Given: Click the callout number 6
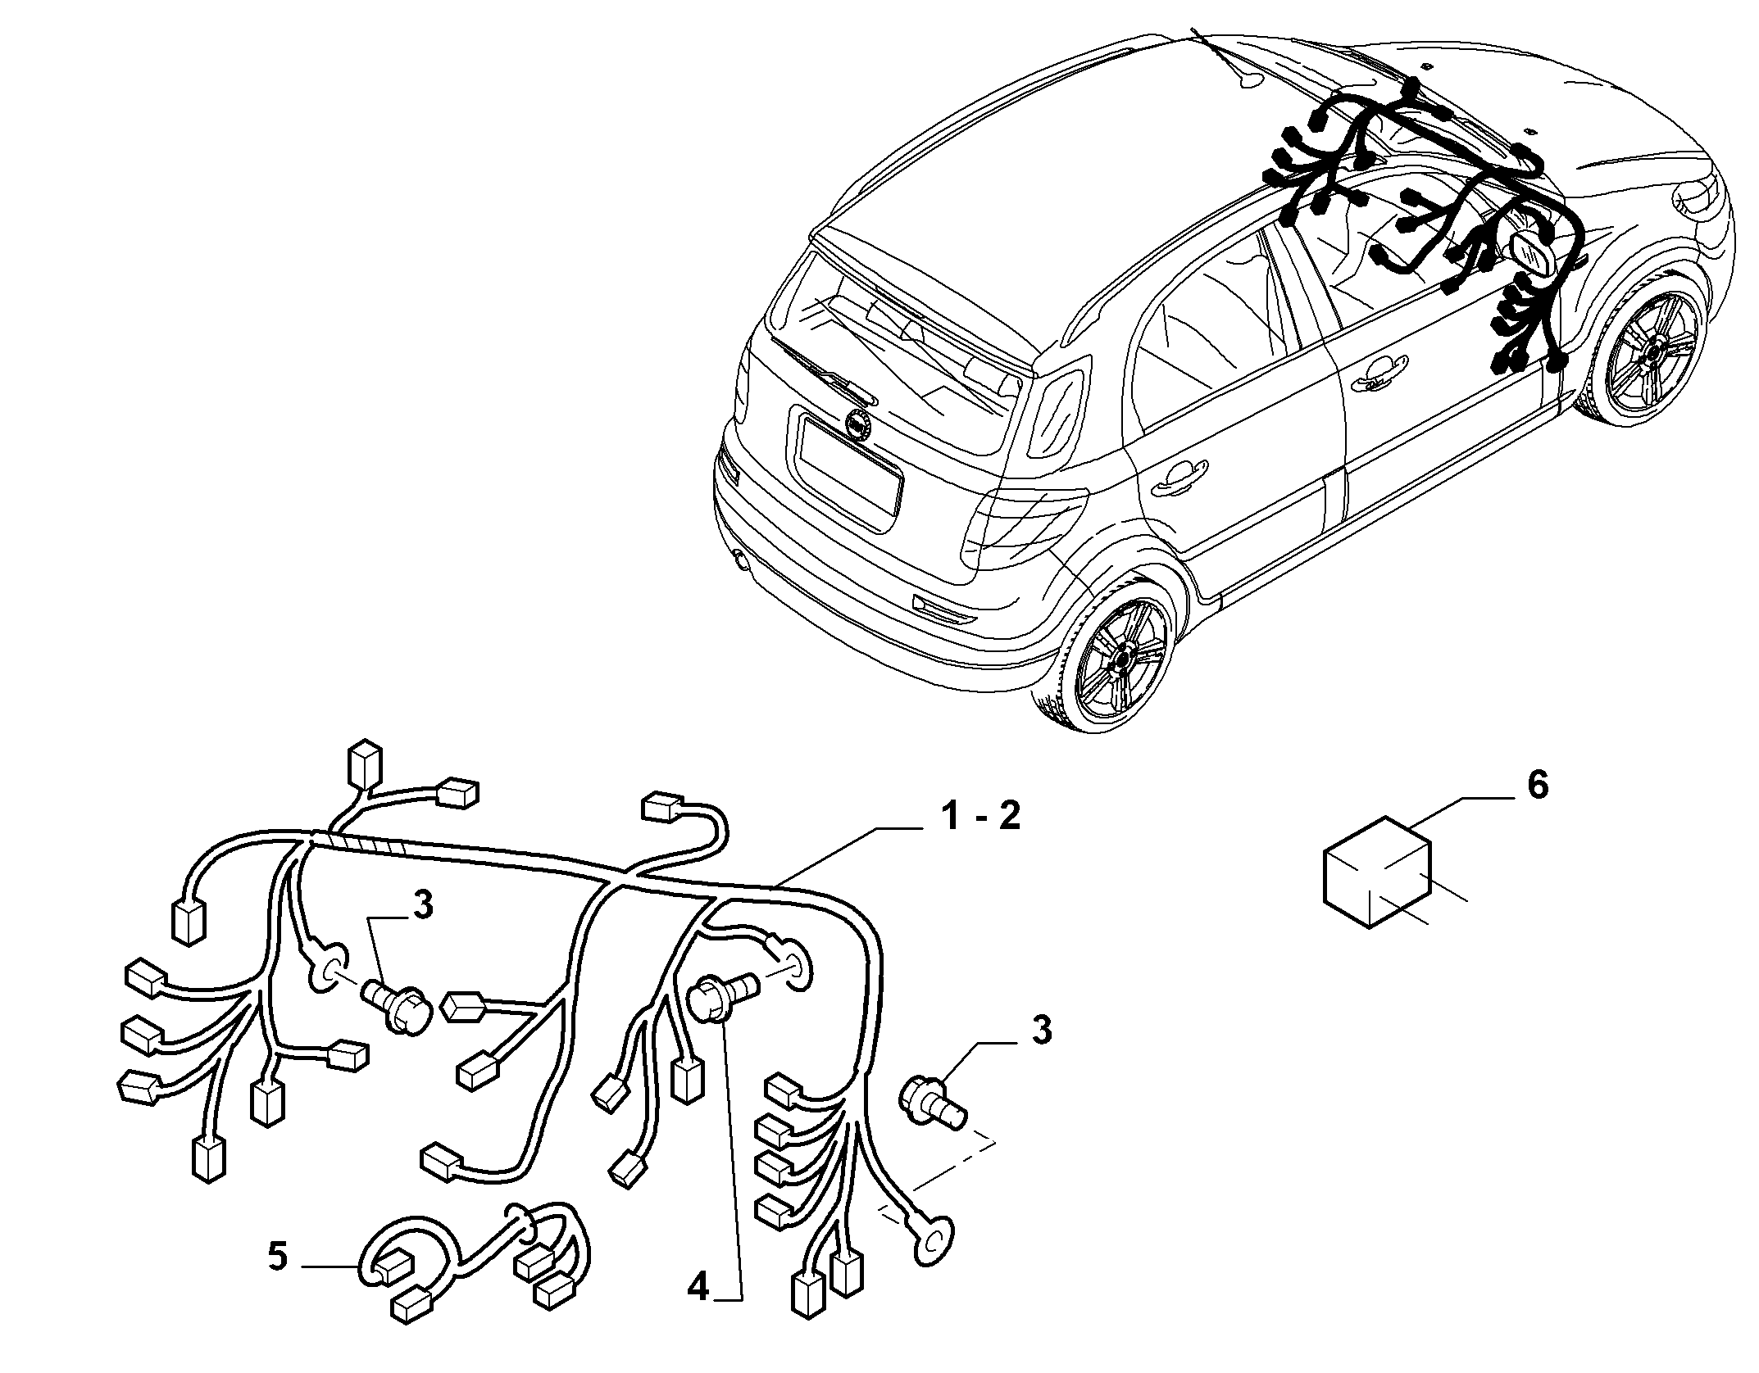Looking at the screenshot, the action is [x=1537, y=786].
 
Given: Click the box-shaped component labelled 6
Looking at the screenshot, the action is [x=1377, y=886].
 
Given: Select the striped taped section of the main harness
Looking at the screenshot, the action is [x=361, y=843].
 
